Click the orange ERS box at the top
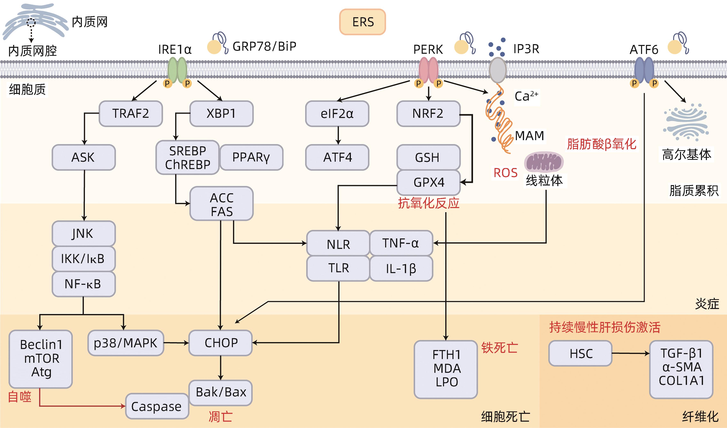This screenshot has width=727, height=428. [x=362, y=22]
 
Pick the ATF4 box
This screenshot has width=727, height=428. [x=337, y=157]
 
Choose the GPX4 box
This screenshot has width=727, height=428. [x=428, y=182]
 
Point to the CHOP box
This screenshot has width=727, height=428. [x=221, y=343]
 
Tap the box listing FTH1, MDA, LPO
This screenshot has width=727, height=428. [x=446, y=369]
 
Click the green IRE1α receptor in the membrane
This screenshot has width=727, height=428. [x=177, y=70]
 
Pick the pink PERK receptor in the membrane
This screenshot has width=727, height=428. [x=428, y=70]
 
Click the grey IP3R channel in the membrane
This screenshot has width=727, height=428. [x=498, y=70]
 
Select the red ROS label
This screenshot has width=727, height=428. [x=505, y=173]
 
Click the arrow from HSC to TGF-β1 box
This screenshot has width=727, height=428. [x=630, y=353]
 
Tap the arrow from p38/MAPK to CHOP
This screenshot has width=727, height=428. [x=176, y=343]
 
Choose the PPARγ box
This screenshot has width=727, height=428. [x=251, y=157]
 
